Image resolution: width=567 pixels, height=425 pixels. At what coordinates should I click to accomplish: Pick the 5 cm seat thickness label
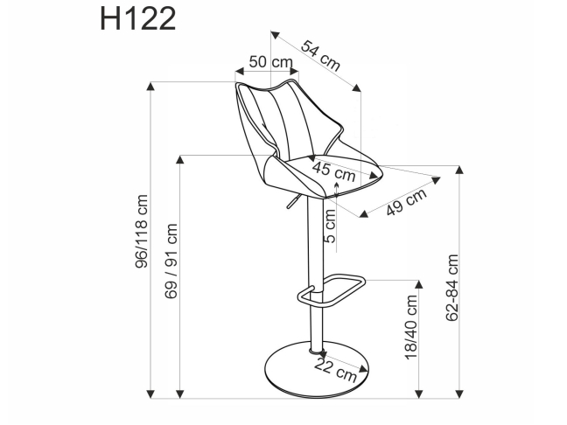click(330, 226)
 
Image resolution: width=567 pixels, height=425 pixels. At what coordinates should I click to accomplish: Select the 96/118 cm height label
click(141, 239)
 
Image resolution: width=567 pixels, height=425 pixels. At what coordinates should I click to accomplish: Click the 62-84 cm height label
click(452, 287)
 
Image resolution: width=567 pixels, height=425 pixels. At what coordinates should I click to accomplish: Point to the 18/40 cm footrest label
click(413, 328)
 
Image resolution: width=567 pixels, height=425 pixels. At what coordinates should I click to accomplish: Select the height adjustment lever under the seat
click(288, 202)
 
